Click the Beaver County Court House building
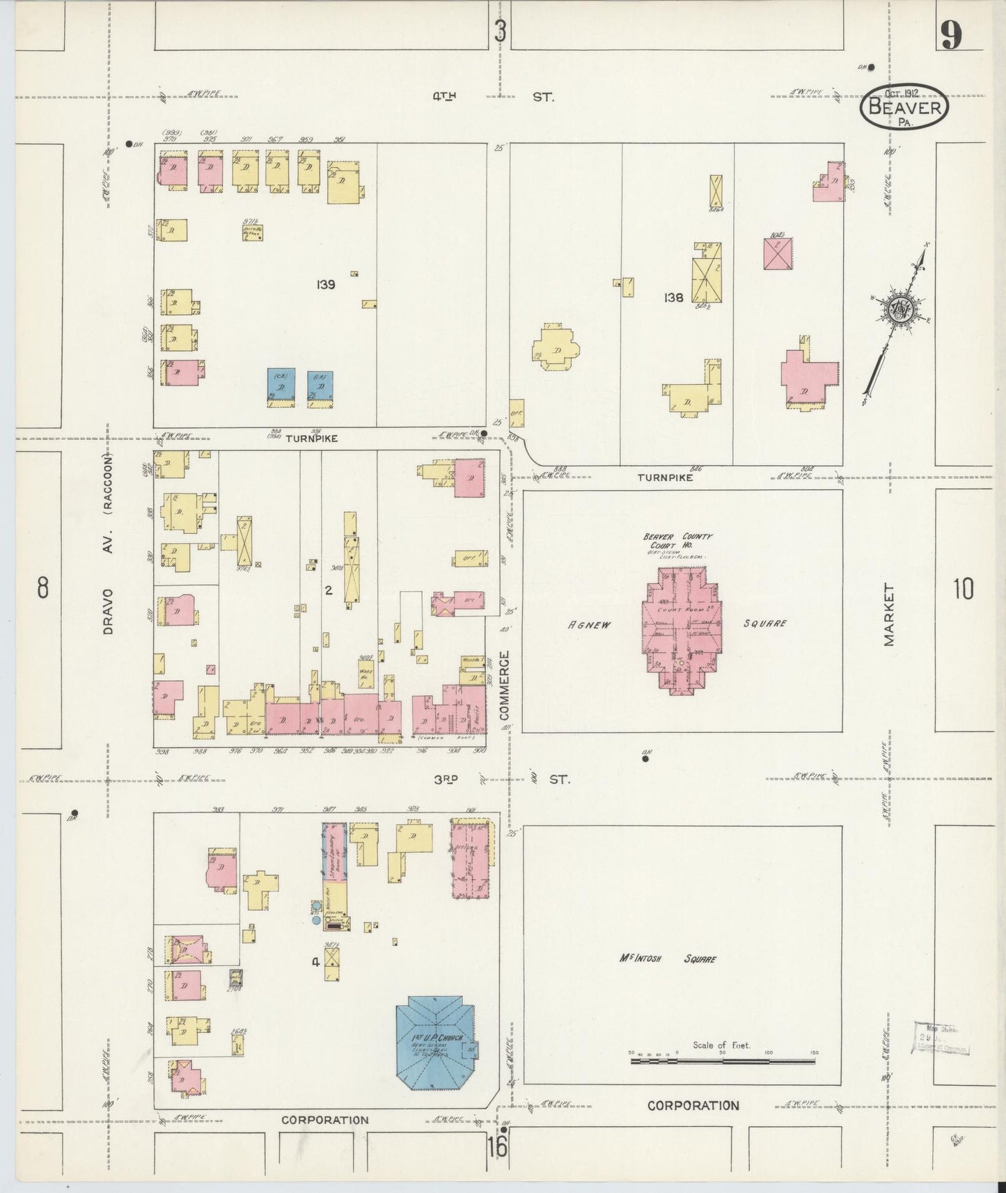tap(681, 630)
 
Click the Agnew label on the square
tap(589, 624)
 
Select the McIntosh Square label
tap(667, 959)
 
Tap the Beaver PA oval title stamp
tap(905, 109)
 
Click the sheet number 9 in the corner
tap(952, 35)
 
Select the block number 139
tap(326, 284)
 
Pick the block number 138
tap(674, 297)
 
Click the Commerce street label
tap(505, 686)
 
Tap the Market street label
tap(889, 615)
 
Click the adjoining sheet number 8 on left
tap(43, 589)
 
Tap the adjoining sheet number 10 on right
tap(964, 590)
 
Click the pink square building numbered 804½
tap(778, 253)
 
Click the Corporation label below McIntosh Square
tap(693, 1105)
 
